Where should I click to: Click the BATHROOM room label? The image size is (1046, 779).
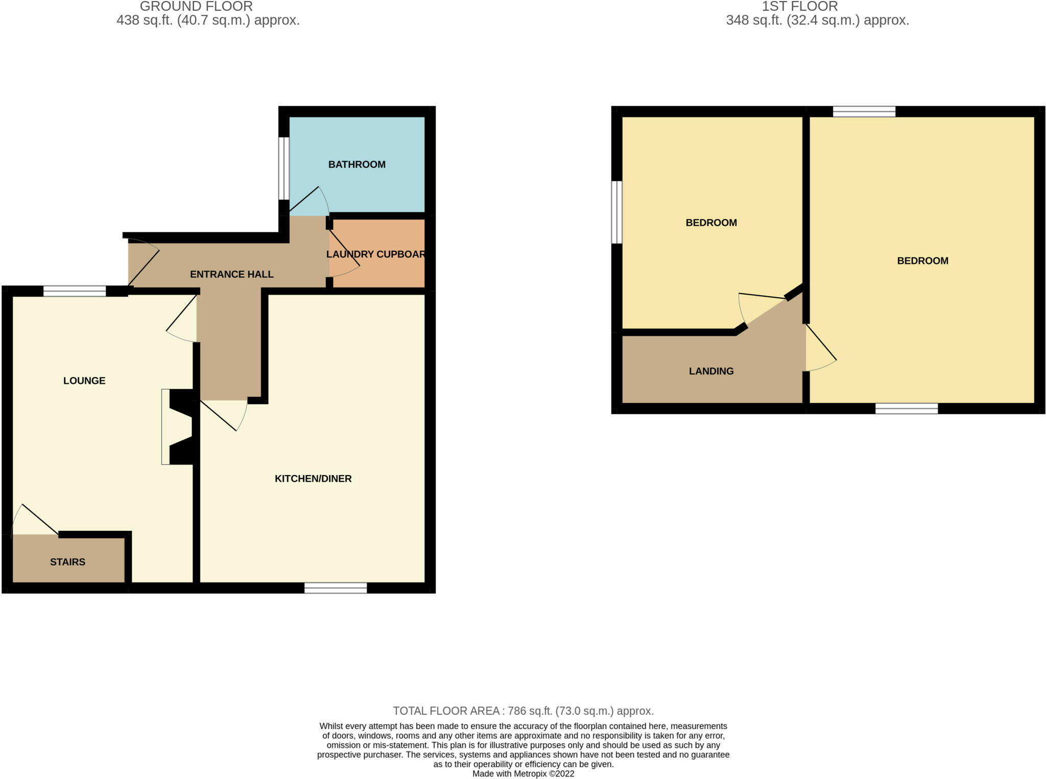coord(356,164)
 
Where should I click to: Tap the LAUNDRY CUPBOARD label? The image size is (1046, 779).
coord(376,254)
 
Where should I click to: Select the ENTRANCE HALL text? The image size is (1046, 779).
coord(231,274)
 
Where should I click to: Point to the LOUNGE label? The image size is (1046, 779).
coord(84,381)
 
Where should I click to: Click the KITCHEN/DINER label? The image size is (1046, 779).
coord(313,479)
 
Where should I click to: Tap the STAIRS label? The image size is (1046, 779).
coord(67,562)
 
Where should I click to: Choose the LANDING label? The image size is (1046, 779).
coord(711,371)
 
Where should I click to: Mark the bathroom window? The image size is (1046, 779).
coord(284,168)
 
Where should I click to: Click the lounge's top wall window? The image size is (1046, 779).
coord(75,291)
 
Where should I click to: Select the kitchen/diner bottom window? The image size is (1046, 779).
coord(336,588)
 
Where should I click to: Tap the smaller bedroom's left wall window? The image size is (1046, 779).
coord(617,212)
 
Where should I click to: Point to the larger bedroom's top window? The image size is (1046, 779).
coord(864,111)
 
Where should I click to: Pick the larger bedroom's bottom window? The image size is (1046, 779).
coord(907,408)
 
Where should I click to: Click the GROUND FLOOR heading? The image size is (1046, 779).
coord(196,7)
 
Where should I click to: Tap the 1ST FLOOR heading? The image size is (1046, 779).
coord(800,7)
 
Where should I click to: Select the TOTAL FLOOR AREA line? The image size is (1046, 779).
coord(523,711)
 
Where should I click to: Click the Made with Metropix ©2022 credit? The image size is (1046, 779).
coord(523,773)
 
